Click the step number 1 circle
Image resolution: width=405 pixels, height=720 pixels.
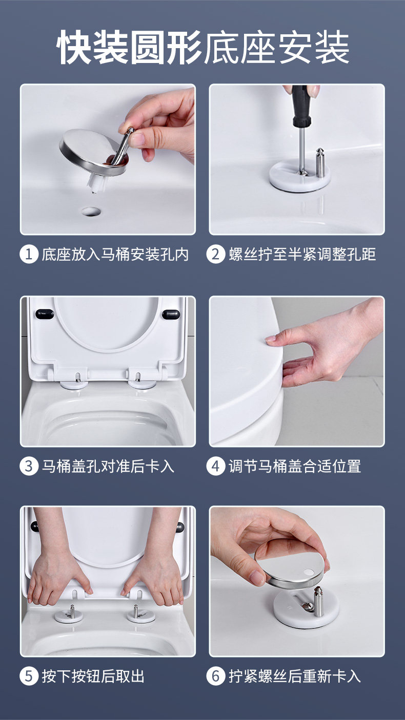tap(29, 254)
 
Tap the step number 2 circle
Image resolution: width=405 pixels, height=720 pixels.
tap(215, 254)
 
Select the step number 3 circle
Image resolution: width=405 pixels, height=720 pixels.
tap(29, 466)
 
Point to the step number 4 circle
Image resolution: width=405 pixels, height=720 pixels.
tap(215, 466)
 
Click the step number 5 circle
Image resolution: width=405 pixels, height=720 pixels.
tap(29, 676)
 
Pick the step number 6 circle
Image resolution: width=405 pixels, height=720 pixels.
tap(215, 676)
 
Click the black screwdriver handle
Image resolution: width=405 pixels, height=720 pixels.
tap(300, 106)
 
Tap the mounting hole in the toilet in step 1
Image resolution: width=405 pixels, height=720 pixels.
tap(91, 211)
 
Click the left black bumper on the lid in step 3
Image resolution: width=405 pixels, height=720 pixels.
tap(45, 314)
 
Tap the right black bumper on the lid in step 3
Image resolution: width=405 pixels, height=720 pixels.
tap(171, 314)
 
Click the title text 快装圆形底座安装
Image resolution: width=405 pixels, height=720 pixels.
tap(203, 47)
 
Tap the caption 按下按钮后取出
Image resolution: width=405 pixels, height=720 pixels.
tap(93, 676)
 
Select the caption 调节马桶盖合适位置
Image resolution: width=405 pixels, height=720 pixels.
tap(295, 466)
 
